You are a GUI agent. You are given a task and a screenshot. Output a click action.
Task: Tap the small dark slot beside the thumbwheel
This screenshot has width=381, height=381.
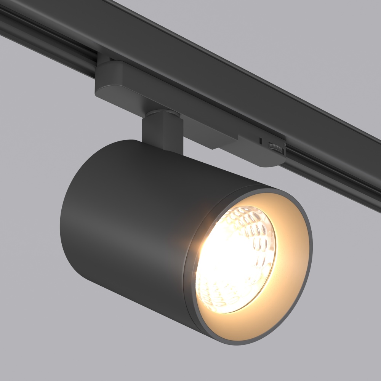pyautogui.click(x=260, y=141)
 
